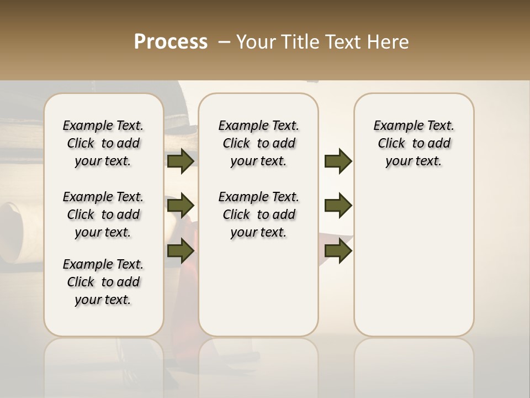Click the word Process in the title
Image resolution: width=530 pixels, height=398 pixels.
pyautogui.click(x=171, y=42)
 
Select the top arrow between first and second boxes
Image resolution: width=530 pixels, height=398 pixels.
pyautogui.click(x=181, y=161)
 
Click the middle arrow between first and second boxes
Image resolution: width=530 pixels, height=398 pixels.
pyautogui.click(x=181, y=206)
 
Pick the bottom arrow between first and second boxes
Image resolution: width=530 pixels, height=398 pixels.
pyautogui.click(x=181, y=252)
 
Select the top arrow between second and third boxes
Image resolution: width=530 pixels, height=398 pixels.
pyautogui.click(x=338, y=161)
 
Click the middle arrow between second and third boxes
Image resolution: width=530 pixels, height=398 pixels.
pyautogui.click(x=338, y=206)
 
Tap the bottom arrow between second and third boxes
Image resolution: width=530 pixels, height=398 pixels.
pyautogui.click(x=338, y=252)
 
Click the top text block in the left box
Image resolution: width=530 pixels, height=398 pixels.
pyautogui.click(x=103, y=143)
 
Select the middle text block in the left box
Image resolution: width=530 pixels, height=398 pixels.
pyautogui.click(x=103, y=214)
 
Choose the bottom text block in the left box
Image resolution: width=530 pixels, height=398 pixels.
pyautogui.click(x=103, y=282)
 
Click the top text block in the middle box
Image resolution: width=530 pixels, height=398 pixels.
pyautogui.click(x=259, y=143)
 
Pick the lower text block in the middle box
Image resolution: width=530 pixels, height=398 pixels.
pyautogui.click(x=259, y=214)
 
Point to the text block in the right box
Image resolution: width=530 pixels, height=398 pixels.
pyautogui.click(x=414, y=143)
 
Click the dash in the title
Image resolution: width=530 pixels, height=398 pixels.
pyautogui.click(x=224, y=42)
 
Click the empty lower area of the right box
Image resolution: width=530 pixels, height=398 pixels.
pyautogui.click(x=414, y=265)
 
